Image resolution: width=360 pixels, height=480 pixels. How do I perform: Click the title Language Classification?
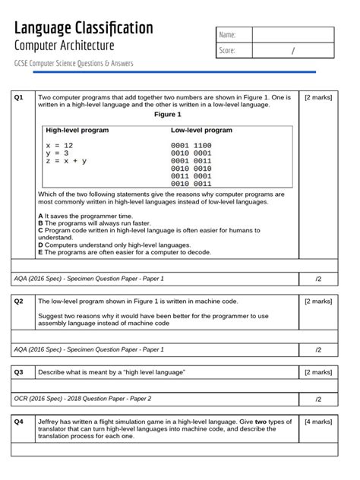click(x=84, y=28)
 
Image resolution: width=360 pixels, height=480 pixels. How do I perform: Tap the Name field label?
click(x=227, y=35)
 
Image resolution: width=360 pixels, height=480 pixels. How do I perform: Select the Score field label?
click(x=227, y=51)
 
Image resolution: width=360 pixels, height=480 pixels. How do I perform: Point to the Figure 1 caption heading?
click(x=168, y=115)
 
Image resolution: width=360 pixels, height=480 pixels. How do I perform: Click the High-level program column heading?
click(x=77, y=131)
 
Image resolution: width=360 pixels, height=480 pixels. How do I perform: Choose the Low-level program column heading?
click(x=201, y=131)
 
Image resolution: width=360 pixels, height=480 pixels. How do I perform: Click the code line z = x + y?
click(x=66, y=161)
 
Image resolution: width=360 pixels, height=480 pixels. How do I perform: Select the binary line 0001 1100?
click(x=191, y=145)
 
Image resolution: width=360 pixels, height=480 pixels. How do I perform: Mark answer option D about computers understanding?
click(x=114, y=245)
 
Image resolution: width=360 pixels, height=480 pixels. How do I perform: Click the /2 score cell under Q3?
click(x=318, y=398)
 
